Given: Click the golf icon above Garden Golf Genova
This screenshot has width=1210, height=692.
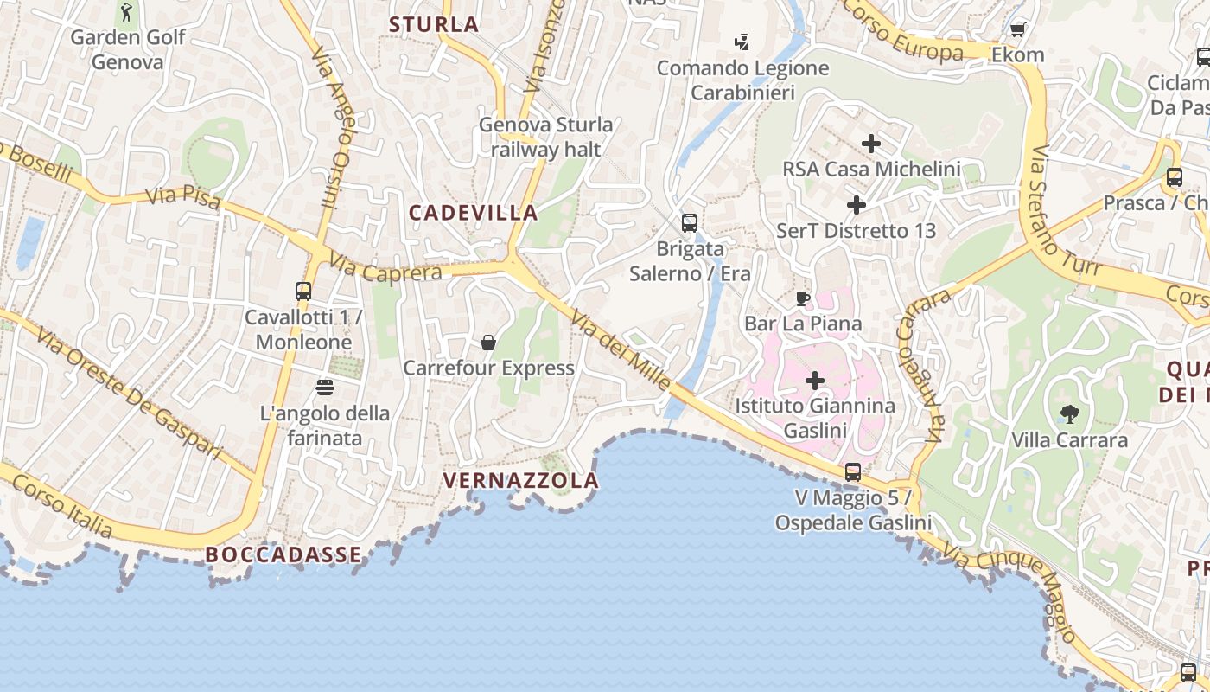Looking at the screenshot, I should click(128, 12).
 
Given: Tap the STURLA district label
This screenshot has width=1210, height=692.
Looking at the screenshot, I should click(434, 24).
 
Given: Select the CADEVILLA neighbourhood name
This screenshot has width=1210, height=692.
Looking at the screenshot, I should click(474, 212).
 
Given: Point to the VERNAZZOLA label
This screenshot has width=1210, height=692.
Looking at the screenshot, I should click(520, 480).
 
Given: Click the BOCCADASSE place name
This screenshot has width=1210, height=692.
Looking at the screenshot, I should click(283, 554).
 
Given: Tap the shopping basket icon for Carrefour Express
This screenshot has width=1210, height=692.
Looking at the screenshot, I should click(488, 343).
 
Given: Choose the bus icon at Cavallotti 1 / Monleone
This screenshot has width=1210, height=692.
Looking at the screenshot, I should click(302, 292).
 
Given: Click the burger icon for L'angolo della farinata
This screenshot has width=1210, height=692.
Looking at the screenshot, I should click(325, 387).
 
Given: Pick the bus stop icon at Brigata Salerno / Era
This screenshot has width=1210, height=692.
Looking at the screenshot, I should click(689, 223).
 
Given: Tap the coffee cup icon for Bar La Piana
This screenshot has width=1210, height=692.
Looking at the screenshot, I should click(803, 299).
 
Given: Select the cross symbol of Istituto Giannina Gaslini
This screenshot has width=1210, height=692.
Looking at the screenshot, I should click(814, 380).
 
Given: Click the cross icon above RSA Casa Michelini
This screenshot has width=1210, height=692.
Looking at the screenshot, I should click(870, 143).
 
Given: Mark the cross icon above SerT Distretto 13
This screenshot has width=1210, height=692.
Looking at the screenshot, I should click(856, 205).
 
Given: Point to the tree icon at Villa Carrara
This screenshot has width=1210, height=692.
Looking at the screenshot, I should click(1069, 414).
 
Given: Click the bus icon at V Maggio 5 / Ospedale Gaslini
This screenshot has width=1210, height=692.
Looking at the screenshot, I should click(853, 472).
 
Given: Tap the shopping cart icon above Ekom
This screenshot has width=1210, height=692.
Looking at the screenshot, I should click(1017, 30).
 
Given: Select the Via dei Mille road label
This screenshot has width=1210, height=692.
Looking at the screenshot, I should click(620, 350).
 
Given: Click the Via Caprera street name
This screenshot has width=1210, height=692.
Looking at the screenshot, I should click(385, 268).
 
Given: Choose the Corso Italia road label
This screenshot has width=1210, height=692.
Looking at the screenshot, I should click(61, 506).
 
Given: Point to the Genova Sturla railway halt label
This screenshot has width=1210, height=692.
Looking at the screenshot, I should click(545, 137).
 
